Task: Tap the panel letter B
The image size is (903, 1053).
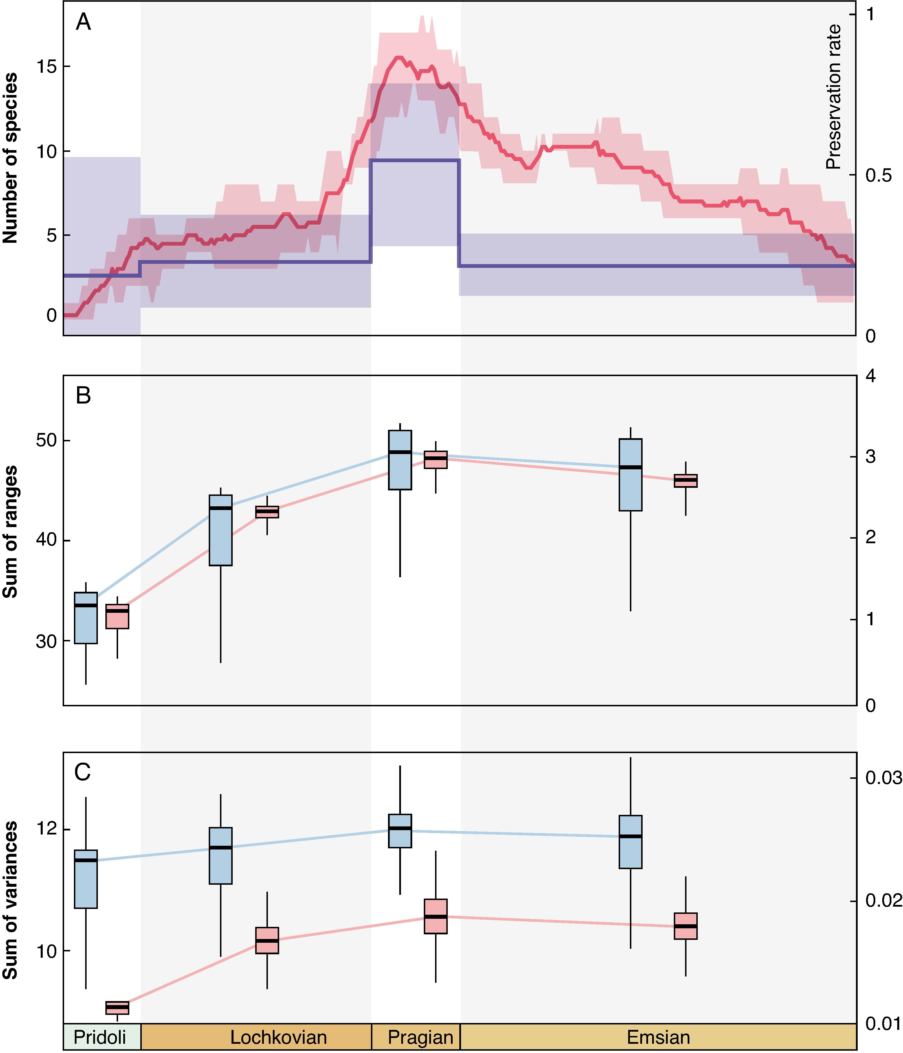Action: pos(83,395)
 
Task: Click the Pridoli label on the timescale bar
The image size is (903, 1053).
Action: pos(100,1037)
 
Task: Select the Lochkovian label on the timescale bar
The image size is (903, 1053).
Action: pos(279,1037)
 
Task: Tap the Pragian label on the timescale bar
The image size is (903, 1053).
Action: pos(420,1037)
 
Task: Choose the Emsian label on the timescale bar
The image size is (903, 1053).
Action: pos(658,1037)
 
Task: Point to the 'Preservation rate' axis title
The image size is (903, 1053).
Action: pos(833,97)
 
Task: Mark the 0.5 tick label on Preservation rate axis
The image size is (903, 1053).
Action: pos(878,175)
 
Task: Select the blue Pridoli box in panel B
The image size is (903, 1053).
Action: pos(86,618)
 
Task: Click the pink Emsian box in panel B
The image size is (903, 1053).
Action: pos(686,481)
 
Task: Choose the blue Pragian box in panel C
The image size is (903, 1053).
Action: pos(400,831)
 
